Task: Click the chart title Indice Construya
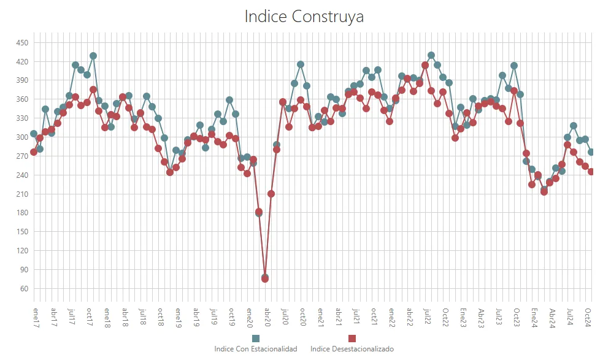304,17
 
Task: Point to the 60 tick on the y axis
23,288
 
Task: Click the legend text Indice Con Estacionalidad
255,349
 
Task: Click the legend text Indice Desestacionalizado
352,349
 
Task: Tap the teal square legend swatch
256,339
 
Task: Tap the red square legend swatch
352,339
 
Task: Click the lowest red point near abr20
265,279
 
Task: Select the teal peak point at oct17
93,56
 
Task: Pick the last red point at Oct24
591,172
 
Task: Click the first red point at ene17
34,152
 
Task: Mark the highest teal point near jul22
431,55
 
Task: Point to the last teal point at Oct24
591,152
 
